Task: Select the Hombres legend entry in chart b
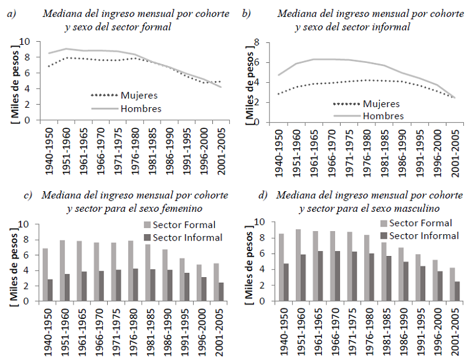382,115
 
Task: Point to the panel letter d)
263,195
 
